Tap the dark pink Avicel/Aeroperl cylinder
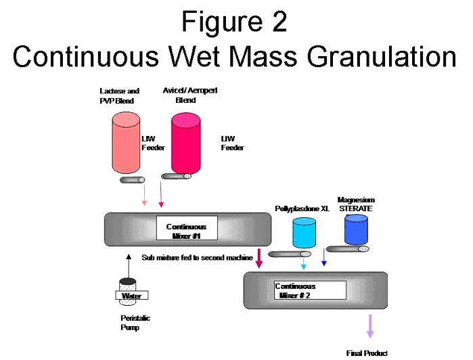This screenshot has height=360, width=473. point(186,143)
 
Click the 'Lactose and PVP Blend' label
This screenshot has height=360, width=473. point(120,96)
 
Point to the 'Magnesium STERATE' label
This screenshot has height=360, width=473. point(356,204)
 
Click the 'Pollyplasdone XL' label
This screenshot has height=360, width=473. point(302,208)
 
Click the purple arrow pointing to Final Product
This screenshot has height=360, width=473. point(370,325)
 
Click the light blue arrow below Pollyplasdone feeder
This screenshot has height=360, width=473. point(303,264)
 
